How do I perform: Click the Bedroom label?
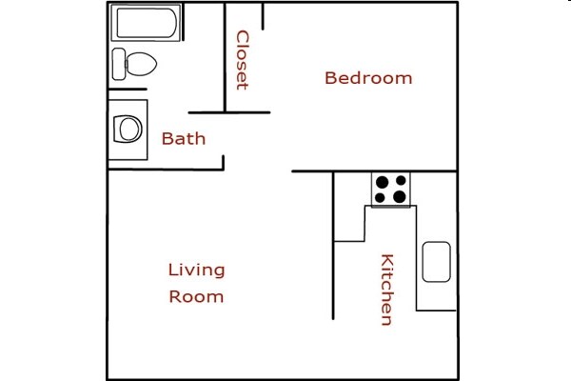pos(368,78)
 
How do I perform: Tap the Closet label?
pos(242,60)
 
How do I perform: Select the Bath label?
pos(183,139)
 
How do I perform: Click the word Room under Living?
pos(196,296)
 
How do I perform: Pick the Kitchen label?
pos(387,290)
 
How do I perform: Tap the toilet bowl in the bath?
pos(141,65)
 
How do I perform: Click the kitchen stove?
pos(390,190)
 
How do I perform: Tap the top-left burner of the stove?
pos(381,181)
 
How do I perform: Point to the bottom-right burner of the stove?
pos(400,198)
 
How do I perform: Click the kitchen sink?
pos(436,262)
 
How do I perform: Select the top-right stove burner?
pos(400,181)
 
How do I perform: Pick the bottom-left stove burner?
pos(381,198)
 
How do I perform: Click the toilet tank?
pos(118,65)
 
